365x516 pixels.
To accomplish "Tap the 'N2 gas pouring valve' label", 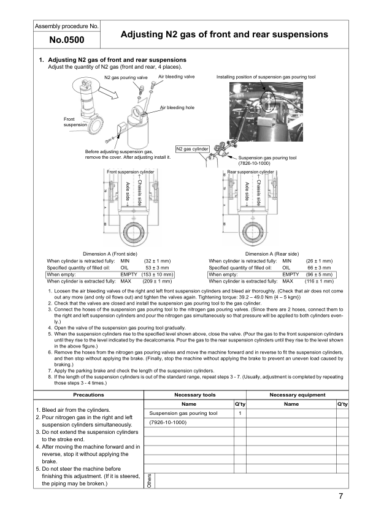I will click(125, 78).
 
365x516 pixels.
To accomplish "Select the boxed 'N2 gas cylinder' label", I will click(193, 148).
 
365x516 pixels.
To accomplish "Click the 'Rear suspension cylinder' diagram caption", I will click(250, 172).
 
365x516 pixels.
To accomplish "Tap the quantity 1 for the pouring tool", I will click(240, 414).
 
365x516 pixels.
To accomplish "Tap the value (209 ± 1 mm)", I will click(156, 281).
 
